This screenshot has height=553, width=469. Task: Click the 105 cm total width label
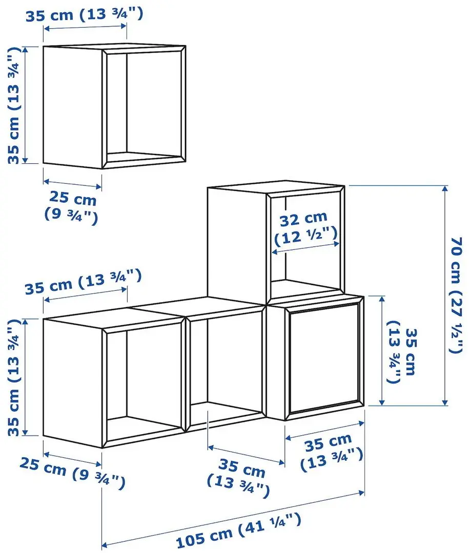pos(237,530)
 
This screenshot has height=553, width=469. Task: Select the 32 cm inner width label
pos(306,228)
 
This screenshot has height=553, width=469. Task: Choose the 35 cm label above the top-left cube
pos(84,14)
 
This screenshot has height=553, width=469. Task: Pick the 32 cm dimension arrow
pos(305,248)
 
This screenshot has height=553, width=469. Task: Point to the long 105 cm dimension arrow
pos(233,519)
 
